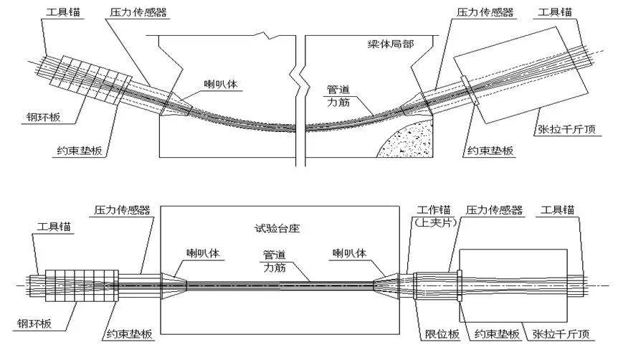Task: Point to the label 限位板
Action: pyautogui.click(x=434, y=333)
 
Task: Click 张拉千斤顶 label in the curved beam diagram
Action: pyautogui.click(x=562, y=130)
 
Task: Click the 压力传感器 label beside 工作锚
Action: pyautogui.click(x=485, y=209)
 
